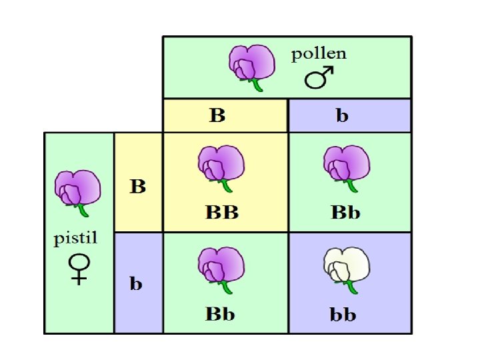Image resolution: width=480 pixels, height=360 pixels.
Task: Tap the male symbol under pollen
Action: click(319, 79)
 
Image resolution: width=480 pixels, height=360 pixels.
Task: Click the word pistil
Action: click(78, 241)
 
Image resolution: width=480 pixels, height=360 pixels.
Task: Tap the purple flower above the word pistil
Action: click(78, 189)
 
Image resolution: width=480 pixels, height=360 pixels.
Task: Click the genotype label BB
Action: click(221, 213)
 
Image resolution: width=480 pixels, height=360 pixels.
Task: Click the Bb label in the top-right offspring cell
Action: click(345, 213)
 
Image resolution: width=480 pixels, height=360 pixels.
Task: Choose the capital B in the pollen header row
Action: click(217, 115)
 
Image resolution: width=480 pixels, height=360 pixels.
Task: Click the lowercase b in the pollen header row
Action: click(342, 115)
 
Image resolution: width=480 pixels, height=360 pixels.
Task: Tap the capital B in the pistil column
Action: click(137, 186)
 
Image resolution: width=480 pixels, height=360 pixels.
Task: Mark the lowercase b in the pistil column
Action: click(136, 284)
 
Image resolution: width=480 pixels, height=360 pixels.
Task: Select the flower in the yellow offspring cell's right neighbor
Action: click(345, 167)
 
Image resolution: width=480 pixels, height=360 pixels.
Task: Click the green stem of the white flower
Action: click(350, 287)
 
